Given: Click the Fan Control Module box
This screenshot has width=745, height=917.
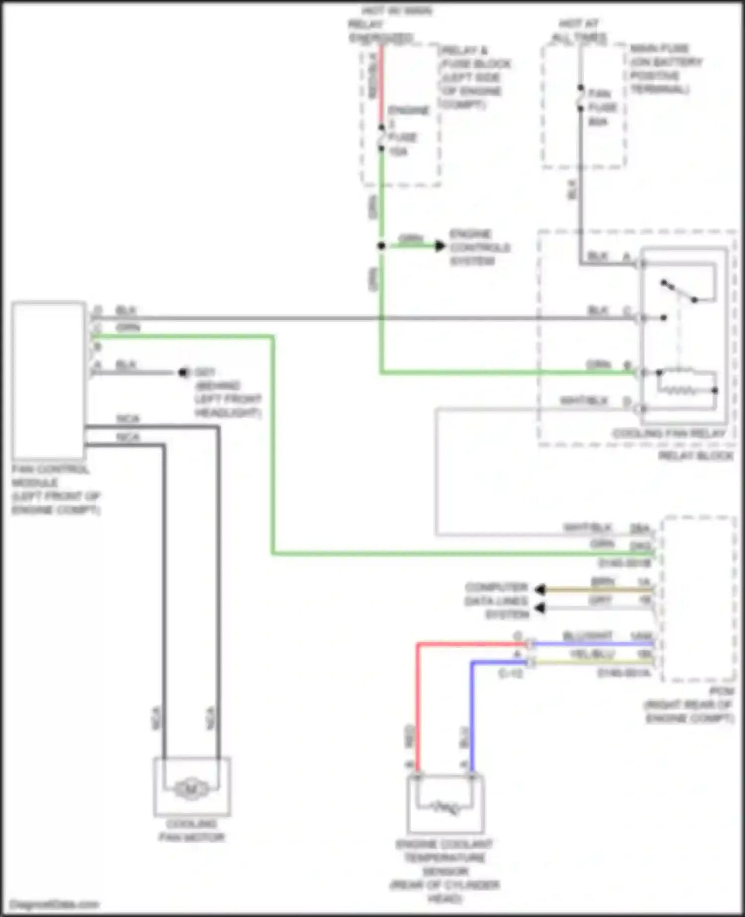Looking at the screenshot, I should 49,380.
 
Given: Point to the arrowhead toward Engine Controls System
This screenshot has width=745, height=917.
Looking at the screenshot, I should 440,245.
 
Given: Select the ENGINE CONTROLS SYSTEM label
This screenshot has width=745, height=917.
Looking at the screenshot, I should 479,247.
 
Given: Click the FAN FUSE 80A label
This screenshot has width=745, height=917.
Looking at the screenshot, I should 602,107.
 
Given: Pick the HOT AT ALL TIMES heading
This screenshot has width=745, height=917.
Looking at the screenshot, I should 579,30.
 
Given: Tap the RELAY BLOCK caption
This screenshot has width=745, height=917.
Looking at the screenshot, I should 695,456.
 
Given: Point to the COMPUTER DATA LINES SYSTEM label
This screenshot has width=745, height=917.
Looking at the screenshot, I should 497,601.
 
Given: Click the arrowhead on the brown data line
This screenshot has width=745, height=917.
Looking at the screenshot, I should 540,590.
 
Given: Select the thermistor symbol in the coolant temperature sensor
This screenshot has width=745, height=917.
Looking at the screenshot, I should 446,808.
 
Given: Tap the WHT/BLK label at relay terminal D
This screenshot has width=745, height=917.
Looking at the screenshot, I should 584,400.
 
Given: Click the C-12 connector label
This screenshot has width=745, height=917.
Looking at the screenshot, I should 510,674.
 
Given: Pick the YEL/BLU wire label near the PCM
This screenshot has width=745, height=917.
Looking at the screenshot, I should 592,654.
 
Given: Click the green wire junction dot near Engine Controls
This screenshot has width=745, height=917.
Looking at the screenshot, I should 381,246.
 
